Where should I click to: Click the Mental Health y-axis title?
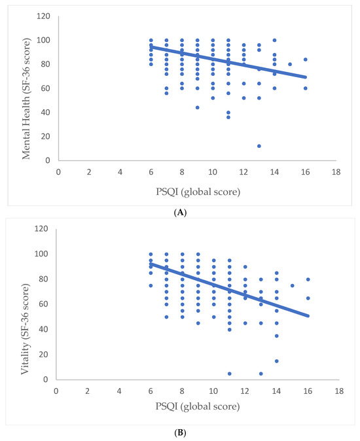(x=26, y=98)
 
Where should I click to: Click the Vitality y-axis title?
(x=25, y=329)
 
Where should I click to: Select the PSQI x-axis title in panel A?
(x=198, y=192)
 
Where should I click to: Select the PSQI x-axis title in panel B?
(x=198, y=406)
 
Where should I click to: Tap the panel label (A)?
(x=180, y=213)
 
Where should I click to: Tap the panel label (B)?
(x=180, y=432)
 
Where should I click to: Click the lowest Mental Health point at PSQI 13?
(x=259, y=146)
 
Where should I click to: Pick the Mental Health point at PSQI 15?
(x=290, y=64)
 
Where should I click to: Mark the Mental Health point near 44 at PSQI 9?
(x=198, y=107)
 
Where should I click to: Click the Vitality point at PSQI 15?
(x=292, y=285)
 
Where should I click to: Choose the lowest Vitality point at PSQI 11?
(x=230, y=374)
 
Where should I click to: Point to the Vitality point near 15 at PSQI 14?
(x=277, y=361)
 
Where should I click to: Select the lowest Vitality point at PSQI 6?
(x=151, y=285)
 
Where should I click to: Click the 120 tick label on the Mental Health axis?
(x=43, y=16)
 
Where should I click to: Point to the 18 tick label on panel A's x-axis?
(x=336, y=172)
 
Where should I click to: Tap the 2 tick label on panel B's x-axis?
(x=88, y=391)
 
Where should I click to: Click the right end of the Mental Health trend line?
(x=306, y=77)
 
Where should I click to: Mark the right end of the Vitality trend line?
(x=308, y=316)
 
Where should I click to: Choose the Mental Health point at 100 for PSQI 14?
(x=274, y=40)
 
